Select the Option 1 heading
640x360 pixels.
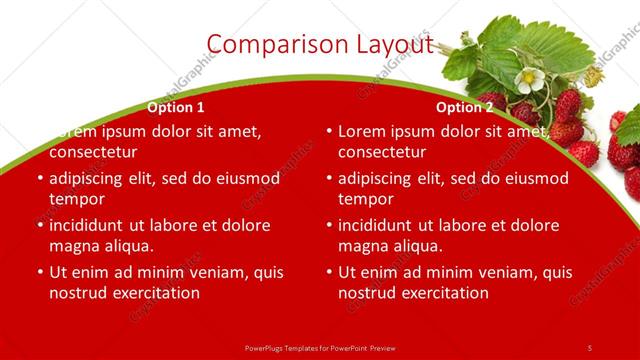pos(176,107)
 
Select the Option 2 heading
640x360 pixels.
pos(465,107)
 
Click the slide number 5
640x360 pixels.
pos(590,347)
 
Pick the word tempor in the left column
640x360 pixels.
pos(75,200)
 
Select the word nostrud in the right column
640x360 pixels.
pos(366,293)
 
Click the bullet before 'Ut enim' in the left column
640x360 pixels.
pos(40,272)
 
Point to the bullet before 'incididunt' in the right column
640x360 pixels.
pos(329,225)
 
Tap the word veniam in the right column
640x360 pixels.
pos(485,272)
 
